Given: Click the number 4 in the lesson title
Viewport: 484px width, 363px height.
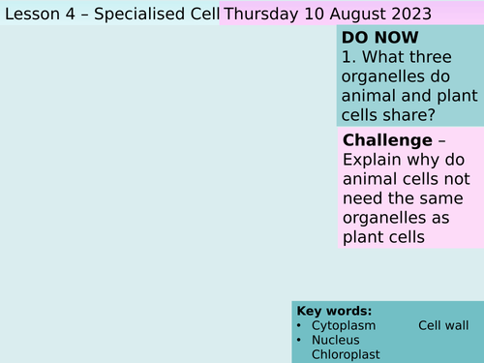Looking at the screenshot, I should (68, 14).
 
